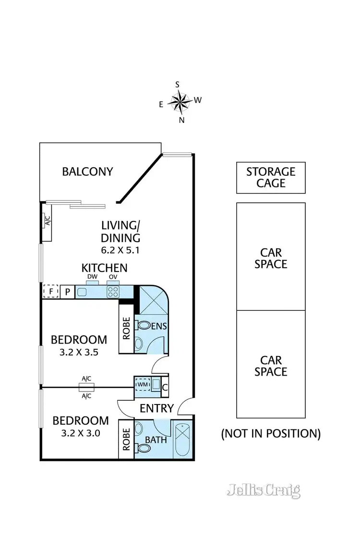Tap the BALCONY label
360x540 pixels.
tap(87, 172)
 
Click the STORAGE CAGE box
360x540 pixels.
tap(271, 178)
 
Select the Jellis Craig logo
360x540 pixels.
tap(264, 490)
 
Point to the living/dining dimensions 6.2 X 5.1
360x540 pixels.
tap(120, 250)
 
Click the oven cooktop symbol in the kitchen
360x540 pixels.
tap(113, 291)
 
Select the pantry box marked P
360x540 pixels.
tap(68, 292)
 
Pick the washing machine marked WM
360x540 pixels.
tap(143, 385)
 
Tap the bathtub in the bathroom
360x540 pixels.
tap(184, 440)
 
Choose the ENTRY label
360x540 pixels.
tap(156, 408)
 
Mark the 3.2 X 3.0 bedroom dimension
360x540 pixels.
tap(81, 432)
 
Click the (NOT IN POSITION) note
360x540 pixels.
tap(271, 433)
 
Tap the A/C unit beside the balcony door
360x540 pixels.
tap(48, 221)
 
